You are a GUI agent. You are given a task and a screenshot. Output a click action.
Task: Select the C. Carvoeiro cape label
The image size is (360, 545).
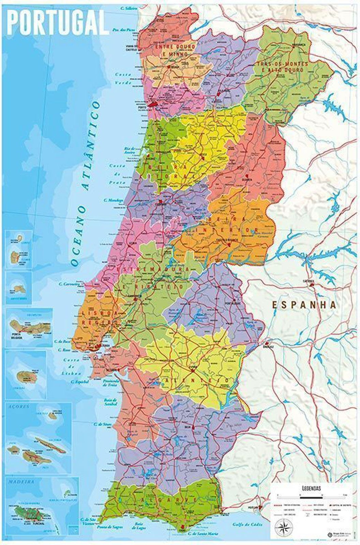tap(69, 283)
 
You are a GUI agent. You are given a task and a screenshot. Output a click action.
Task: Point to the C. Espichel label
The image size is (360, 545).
tap(79, 382)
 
